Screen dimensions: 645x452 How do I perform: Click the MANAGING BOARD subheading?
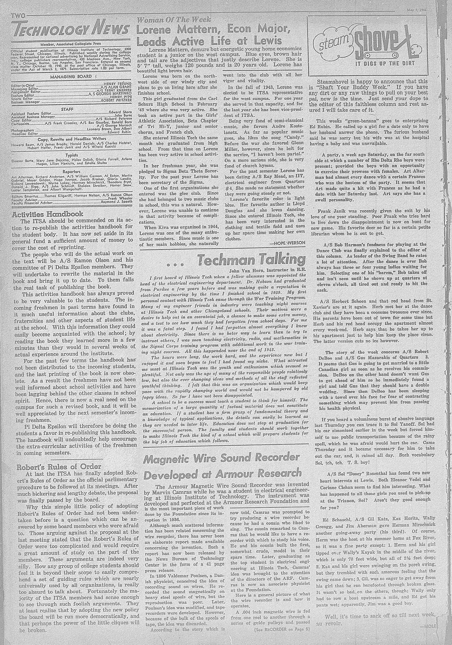pyautogui.click(x=71, y=76)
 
